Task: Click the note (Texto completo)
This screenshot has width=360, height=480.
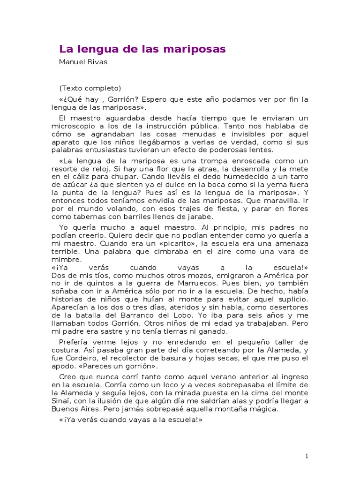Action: (x=90, y=88)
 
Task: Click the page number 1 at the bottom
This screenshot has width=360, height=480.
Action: (x=307, y=456)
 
